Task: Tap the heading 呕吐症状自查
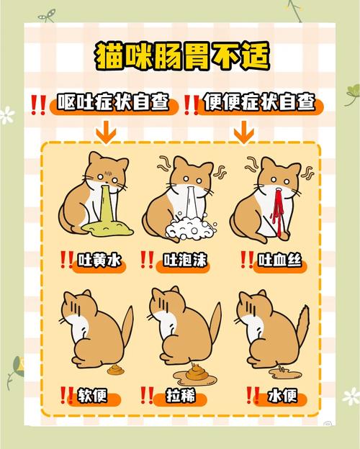pos(114,104)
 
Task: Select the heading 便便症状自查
pos(259,104)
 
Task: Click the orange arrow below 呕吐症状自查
pos(107,132)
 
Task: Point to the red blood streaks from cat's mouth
pos(274,209)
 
